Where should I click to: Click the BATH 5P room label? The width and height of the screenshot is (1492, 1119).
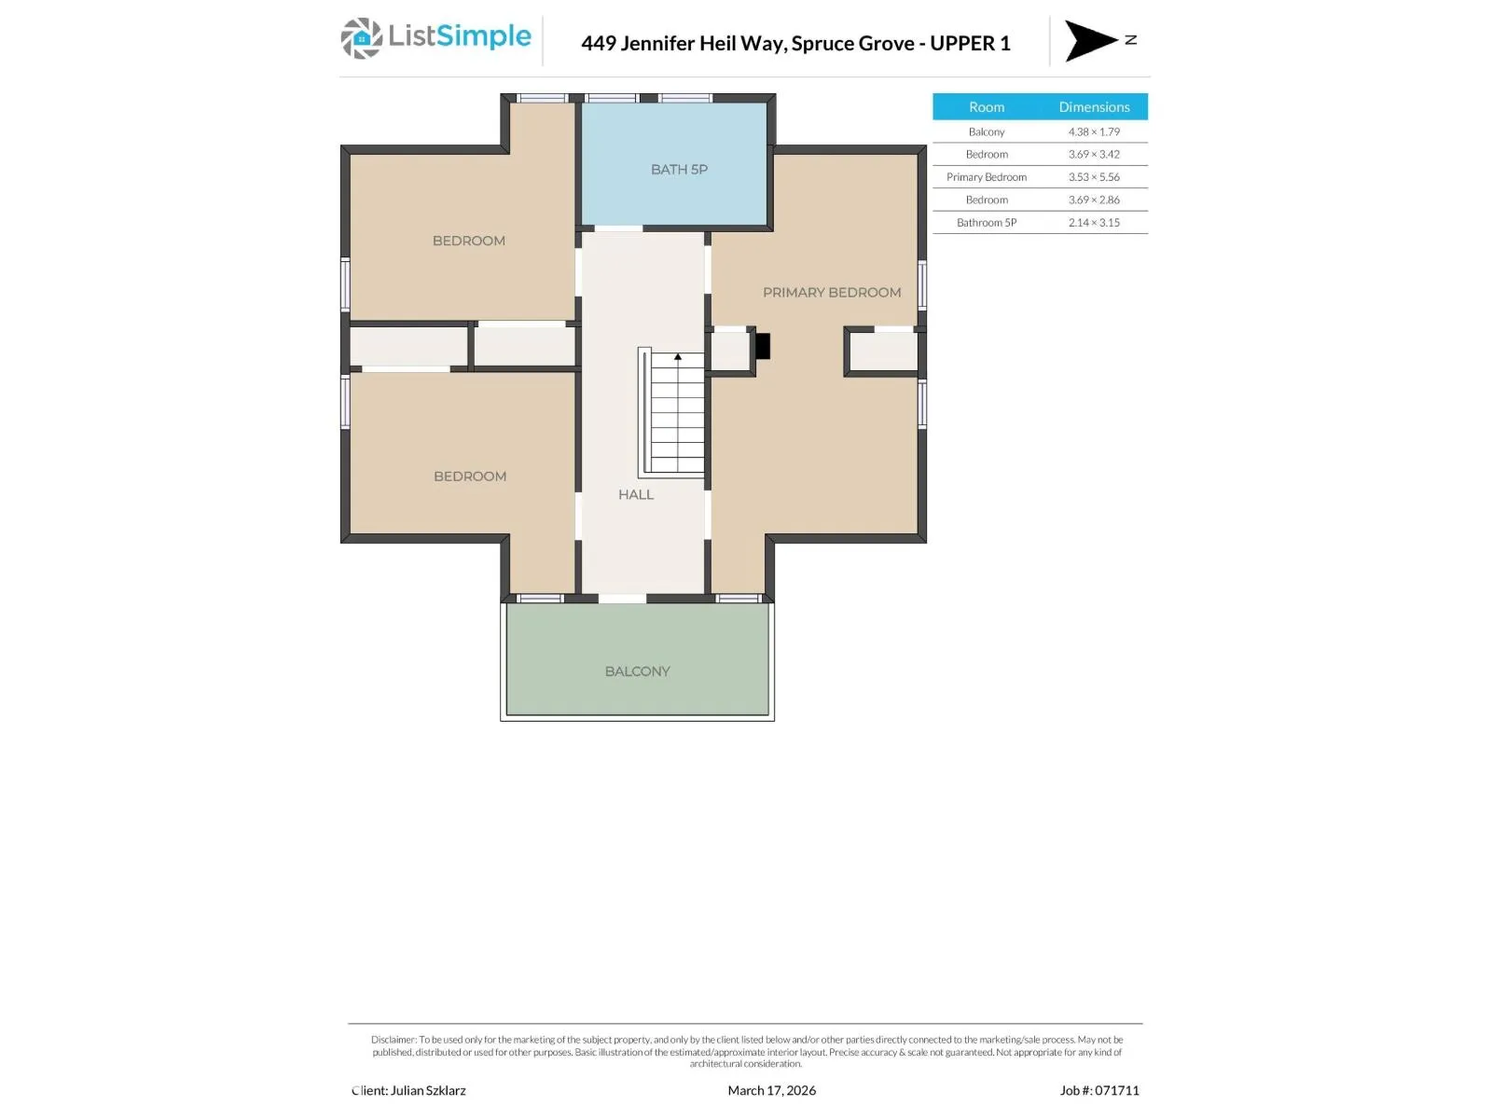point(679,170)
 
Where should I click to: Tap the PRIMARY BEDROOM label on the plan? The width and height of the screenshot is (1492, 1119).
point(832,293)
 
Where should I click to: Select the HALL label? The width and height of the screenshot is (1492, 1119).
point(636,494)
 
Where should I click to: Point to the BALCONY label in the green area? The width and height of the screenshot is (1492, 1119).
point(638,671)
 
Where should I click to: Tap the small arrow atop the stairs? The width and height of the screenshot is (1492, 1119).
point(678,357)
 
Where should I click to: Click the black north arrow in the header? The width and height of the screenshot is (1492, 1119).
point(1089,41)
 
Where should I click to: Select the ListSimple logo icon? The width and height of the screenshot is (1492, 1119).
point(362,39)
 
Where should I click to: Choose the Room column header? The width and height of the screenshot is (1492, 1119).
point(987,107)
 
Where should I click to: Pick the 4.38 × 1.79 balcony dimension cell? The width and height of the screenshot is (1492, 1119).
point(1094,131)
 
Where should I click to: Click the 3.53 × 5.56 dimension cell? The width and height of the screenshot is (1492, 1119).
point(1094,177)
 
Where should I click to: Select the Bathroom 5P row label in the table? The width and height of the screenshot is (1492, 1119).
point(987,223)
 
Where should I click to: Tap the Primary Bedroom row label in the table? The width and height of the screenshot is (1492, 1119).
point(987,177)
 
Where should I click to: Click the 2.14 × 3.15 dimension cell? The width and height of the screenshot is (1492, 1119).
point(1094,223)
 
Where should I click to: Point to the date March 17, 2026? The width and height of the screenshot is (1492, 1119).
point(771,1090)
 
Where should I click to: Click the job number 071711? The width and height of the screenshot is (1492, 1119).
point(1116,1090)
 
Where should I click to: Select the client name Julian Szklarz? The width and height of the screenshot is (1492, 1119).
point(428,1090)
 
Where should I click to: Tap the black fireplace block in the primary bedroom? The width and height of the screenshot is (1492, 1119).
point(763,346)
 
